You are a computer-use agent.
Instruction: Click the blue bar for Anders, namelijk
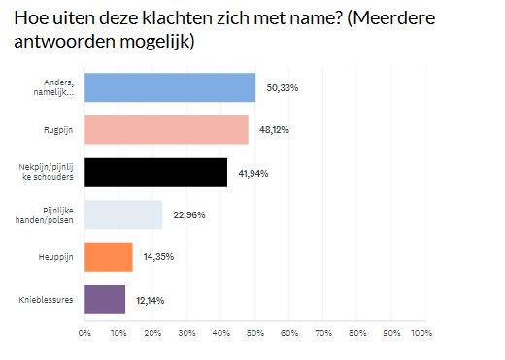coord(170,87)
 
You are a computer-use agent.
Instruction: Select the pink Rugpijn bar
coord(166,130)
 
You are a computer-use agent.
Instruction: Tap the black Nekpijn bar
coord(155,173)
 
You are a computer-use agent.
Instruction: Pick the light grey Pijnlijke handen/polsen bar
coord(123,214)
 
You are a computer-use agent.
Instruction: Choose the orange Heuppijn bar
coord(109,257)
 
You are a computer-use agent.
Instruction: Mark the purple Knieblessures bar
coord(105,300)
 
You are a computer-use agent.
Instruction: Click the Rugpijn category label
coord(57,130)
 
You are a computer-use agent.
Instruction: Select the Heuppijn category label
coord(55,257)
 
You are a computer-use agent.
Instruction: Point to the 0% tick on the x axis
coord(84,333)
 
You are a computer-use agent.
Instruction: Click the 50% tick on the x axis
coord(252,333)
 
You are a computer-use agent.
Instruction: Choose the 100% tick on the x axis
coord(421,333)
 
